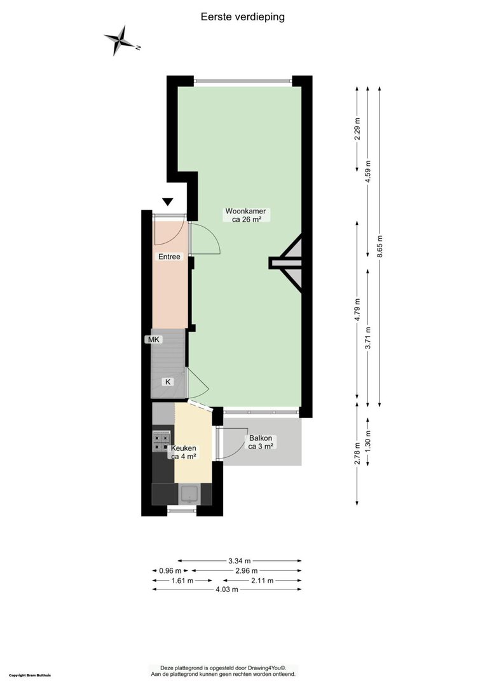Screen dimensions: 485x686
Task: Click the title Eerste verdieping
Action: (x=243, y=17)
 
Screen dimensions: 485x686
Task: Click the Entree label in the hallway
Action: (x=169, y=257)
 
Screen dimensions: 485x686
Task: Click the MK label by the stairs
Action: (x=154, y=339)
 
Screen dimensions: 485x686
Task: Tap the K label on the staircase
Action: (x=168, y=382)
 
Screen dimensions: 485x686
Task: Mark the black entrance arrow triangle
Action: (x=168, y=202)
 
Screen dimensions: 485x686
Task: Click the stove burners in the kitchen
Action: (x=161, y=441)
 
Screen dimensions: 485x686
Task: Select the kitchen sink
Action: (x=190, y=494)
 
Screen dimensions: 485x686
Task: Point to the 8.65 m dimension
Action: (x=379, y=246)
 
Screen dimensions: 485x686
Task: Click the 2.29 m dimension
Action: (x=357, y=130)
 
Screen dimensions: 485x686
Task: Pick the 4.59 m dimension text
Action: (x=368, y=172)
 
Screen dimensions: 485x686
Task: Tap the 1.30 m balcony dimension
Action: (x=368, y=442)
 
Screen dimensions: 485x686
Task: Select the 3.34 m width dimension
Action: (x=240, y=560)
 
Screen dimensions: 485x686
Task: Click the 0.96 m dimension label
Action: (x=170, y=570)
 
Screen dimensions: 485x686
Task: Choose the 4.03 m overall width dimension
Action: (x=227, y=589)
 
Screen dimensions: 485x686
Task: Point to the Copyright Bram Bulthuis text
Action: (x=30, y=675)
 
